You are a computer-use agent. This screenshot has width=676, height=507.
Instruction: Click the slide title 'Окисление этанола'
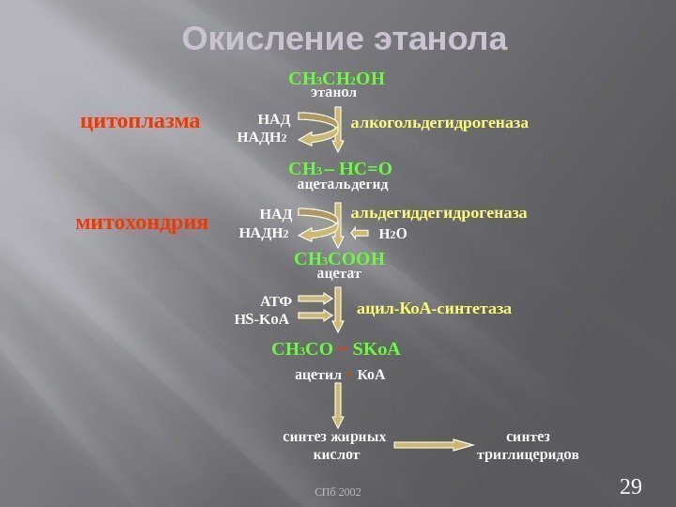(x=344, y=39)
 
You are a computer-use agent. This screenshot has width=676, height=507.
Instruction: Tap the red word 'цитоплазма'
(x=139, y=121)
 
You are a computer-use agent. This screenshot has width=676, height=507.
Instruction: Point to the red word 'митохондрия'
(x=141, y=223)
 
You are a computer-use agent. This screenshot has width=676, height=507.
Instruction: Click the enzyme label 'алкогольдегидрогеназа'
(x=439, y=123)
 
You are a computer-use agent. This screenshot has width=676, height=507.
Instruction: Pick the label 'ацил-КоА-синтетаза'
(x=434, y=308)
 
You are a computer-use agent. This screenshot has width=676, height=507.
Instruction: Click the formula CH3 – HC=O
(x=340, y=169)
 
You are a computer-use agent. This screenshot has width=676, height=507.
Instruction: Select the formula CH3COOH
(x=339, y=258)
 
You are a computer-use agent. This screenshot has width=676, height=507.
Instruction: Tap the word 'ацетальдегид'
(x=342, y=186)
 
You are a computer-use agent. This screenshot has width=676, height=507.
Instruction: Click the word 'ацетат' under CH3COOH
(x=339, y=273)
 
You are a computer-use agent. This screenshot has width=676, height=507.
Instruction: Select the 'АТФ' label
(x=275, y=301)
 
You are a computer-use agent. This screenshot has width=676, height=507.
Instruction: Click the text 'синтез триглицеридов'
(x=528, y=446)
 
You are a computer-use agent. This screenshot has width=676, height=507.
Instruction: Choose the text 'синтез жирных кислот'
(x=335, y=446)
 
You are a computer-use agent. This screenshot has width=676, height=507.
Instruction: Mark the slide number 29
(x=631, y=484)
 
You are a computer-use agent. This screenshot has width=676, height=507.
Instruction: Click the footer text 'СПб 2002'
(x=338, y=491)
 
